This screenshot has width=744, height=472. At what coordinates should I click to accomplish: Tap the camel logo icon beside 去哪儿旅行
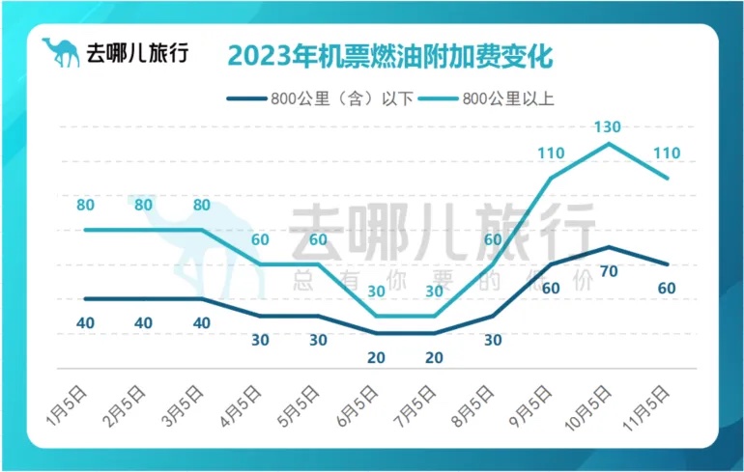(x=61, y=52)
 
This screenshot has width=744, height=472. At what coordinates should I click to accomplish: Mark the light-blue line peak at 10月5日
(x=608, y=144)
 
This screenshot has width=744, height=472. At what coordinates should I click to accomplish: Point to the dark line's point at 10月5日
(x=608, y=247)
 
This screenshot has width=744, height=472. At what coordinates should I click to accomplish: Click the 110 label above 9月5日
(x=550, y=153)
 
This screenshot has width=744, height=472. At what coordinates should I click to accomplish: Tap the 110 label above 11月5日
(x=667, y=153)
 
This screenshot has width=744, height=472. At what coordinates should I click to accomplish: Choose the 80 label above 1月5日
(x=85, y=205)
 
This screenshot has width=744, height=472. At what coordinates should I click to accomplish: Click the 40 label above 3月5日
(x=201, y=322)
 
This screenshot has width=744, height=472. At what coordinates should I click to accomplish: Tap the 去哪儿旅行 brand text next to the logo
(x=138, y=53)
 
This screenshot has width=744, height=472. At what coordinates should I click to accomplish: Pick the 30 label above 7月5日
(x=434, y=291)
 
